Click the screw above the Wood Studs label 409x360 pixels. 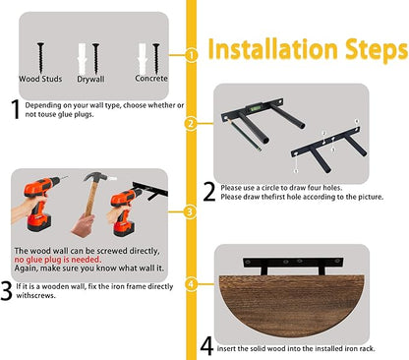click(x=40, y=58)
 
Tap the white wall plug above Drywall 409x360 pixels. click(x=82, y=58)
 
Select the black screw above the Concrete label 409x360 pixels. click(x=156, y=58)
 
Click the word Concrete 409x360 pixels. click(x=151, y=79)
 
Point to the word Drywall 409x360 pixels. click(x=90, y=80)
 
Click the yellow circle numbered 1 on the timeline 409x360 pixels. click(x=191, y=55)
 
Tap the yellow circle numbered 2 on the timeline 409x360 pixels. click(x=191, y=124)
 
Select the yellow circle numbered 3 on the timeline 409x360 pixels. click(x=190, y=211)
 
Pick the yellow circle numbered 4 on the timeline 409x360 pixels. click(x=191, y=283)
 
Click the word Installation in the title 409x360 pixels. click(x=272, y=49)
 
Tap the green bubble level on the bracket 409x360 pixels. click(x=255, y=107)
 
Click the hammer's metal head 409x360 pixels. click(x=95, y=177)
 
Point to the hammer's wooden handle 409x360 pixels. click(x=90, y=199)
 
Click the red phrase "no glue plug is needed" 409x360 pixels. click(x=58, y=260)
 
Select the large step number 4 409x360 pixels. click(x=206, y=346)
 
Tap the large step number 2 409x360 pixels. click(x=209, y=192)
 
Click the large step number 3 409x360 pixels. click(x=6, y=291)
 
